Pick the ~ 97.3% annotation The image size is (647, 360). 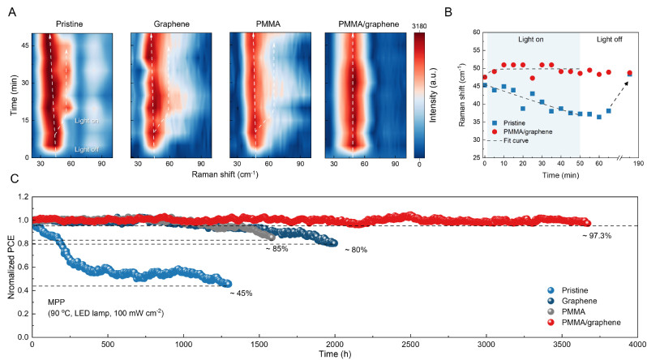click(598, 235)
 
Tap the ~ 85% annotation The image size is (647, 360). click(277, 248)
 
